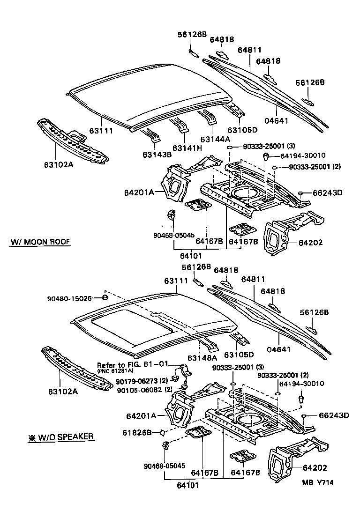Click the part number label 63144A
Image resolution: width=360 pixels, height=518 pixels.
(x=215, y=139)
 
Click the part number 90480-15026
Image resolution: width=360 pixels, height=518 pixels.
(x=69, y=298)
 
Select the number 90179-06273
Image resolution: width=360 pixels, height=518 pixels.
(x=137, y=381)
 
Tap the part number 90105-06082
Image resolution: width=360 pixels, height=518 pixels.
(x=138, y=389)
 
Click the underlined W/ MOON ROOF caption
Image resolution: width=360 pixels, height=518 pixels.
(x=40, y=242)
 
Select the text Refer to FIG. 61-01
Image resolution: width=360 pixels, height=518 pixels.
(x=132, y=365)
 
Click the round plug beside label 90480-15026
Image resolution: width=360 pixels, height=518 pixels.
(x=105, y=298)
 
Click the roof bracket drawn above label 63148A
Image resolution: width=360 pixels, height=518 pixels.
(x=208, y=344)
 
